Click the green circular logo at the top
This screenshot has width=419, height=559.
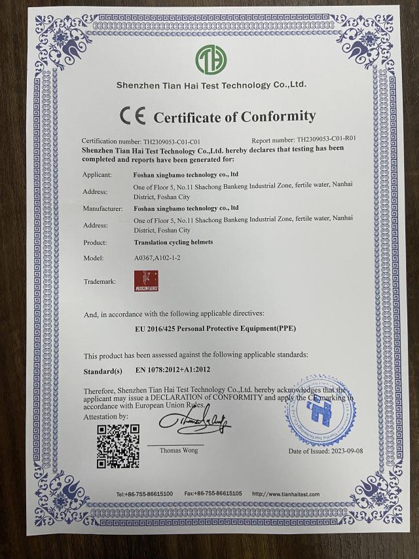click(210, 60)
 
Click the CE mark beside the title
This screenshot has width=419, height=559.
click(132, 116)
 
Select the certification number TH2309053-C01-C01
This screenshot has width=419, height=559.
click(172, 141)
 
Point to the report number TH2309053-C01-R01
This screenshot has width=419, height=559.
click(326, 140)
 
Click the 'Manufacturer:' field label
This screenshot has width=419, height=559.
click(103, 208)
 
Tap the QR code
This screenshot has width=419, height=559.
click(118, 446)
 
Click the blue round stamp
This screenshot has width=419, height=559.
click(319, 411)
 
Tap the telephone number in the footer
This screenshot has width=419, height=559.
click(145, 493)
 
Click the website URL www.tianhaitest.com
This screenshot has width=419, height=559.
click(285, 493)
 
